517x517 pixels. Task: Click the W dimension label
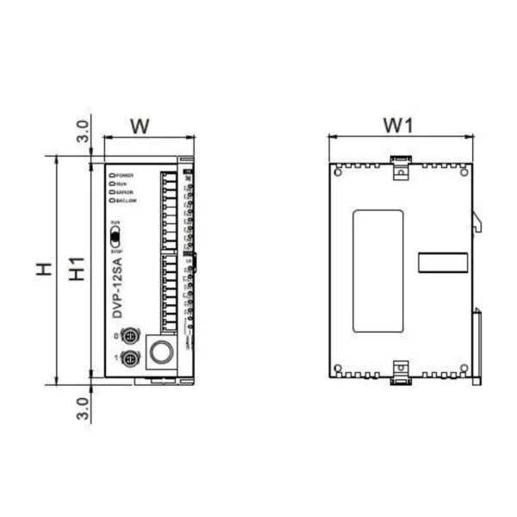tap(141, 126)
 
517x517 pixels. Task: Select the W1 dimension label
tap(400, 126)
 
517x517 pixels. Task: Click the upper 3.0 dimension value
tap(82, 132)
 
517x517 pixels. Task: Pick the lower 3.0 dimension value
tap(82, 406)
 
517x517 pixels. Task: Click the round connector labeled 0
tap(131, 336)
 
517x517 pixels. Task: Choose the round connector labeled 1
tap(131, 358)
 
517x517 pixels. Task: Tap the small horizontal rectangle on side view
tap(442, 261)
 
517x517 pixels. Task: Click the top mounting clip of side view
tap(400, 168)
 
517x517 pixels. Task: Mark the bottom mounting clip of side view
tap(400, 371)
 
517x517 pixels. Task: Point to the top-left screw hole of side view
tap(338, 170)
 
